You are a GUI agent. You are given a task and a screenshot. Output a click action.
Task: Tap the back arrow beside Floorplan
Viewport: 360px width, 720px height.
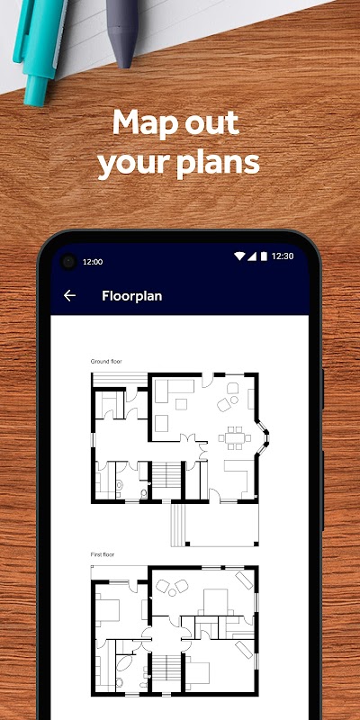click(69, 296)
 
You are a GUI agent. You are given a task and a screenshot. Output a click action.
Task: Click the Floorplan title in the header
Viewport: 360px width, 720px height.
click(131, 296)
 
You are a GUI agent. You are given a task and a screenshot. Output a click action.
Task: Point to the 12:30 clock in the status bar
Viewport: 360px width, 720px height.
click(283, 256)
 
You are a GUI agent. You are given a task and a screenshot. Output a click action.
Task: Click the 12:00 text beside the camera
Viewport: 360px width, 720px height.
click(93, 262)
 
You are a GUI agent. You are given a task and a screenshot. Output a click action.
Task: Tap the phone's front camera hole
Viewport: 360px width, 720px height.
click(68, 262)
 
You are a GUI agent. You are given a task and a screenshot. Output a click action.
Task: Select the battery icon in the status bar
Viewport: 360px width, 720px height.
click(264, 256)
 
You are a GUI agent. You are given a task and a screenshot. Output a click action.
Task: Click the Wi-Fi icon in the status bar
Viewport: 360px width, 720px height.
click(239, 256)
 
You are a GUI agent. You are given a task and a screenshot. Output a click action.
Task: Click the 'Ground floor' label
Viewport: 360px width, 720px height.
click(106, 362)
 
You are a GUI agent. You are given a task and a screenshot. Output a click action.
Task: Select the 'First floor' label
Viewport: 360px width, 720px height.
click(102, 554)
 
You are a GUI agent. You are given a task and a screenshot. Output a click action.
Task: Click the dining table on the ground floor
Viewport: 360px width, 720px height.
click(235, 437)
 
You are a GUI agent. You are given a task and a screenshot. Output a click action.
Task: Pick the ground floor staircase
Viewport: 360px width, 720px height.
click(167, 475)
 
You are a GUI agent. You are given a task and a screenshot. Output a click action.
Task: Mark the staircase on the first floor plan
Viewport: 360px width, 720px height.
click(167, 664)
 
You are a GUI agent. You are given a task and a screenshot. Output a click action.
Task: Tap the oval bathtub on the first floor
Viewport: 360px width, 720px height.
click(124, 664)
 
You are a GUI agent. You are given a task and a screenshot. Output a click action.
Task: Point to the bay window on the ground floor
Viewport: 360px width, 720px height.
click(263, 437)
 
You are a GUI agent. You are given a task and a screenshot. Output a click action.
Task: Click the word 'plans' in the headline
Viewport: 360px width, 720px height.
click(220, 164)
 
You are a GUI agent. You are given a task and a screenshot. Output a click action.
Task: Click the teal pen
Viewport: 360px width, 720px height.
click(40, 46)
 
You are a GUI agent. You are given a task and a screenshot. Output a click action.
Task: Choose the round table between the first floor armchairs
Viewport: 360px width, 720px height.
click(172, 592)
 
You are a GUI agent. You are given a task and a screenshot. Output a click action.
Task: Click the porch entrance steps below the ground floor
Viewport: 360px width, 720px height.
click(178, 525)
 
